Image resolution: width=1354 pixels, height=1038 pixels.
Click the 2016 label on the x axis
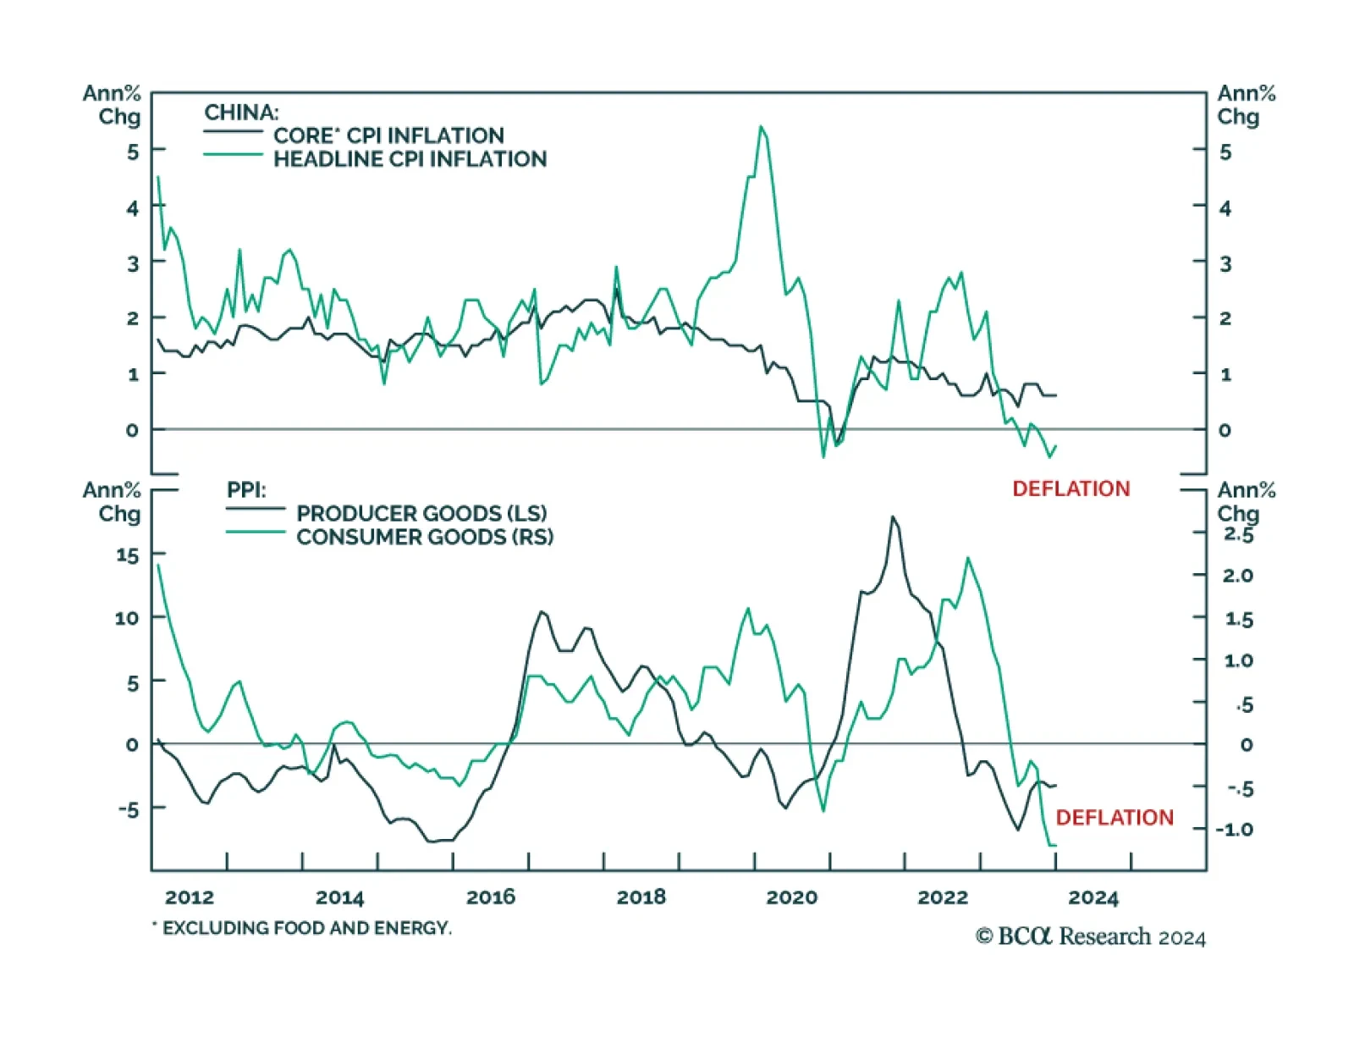(x=491, y=897)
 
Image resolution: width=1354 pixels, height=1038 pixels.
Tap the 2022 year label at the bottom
(x=943, y=897)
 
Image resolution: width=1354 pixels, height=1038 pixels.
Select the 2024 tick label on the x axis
(x=1093, y=897)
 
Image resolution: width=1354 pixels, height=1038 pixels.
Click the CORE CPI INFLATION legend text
(x=388, y=135)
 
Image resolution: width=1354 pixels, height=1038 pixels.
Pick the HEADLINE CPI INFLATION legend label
(x=410, y=159)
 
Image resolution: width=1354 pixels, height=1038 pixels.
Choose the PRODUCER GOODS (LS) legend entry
(x=421, y=513)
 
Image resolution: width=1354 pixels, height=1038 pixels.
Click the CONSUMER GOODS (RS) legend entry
(x=425, y=537)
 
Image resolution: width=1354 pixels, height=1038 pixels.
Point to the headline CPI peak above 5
(x=762, y=128)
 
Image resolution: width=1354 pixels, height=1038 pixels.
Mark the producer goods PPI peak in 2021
(x=893, y=516)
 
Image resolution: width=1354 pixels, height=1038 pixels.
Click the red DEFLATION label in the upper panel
(x=1071, y=489)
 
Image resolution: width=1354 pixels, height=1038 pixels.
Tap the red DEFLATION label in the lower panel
(x=1115, y=817)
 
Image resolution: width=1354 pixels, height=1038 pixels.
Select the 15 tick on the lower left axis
(x=127, y=555)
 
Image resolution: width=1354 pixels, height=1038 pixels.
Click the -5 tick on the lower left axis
(x=128, y=809)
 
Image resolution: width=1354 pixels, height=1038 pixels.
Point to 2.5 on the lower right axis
(x=1238, y=534)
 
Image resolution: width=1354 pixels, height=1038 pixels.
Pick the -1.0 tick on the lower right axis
(x=1235, y=830)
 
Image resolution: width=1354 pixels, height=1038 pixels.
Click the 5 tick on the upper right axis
(x=1225, y=152)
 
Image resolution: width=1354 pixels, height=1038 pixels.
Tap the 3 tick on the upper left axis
(x=133, y=263)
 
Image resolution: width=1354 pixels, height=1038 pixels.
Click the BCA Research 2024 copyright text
(x=1090, y=936)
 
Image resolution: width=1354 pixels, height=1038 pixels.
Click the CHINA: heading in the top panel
(x=241, y=113)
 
